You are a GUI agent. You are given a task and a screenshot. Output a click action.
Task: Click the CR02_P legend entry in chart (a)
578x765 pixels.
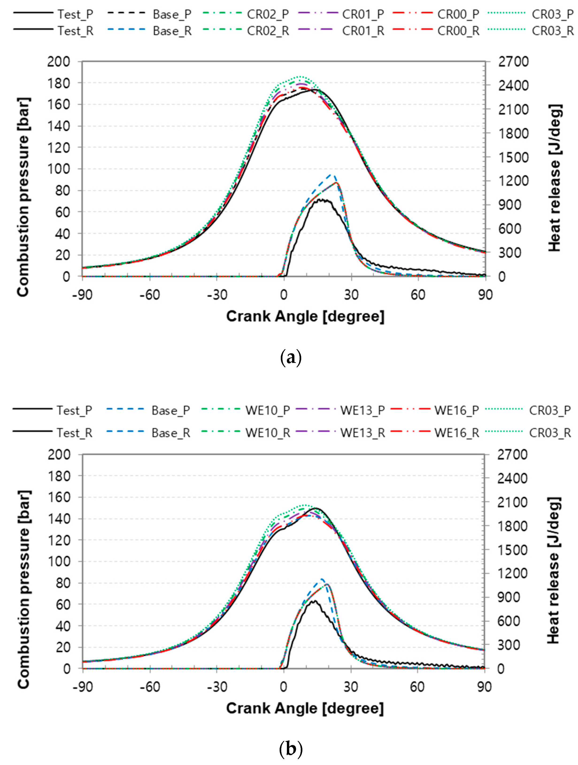click(268, 15)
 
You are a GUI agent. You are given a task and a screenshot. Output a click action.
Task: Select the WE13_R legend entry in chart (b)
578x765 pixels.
click(362, 433)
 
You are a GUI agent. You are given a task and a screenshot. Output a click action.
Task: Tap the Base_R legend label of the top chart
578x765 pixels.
click(172, 31)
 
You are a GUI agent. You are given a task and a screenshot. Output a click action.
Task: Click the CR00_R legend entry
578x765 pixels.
click(458, 31)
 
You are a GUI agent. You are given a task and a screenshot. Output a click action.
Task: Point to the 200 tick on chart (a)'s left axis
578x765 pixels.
click(59, 62)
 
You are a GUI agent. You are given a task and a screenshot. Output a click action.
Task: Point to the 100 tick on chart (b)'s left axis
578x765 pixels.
click(59, 562)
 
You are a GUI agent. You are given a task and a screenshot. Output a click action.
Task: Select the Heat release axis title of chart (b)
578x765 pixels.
click(553, 571)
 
